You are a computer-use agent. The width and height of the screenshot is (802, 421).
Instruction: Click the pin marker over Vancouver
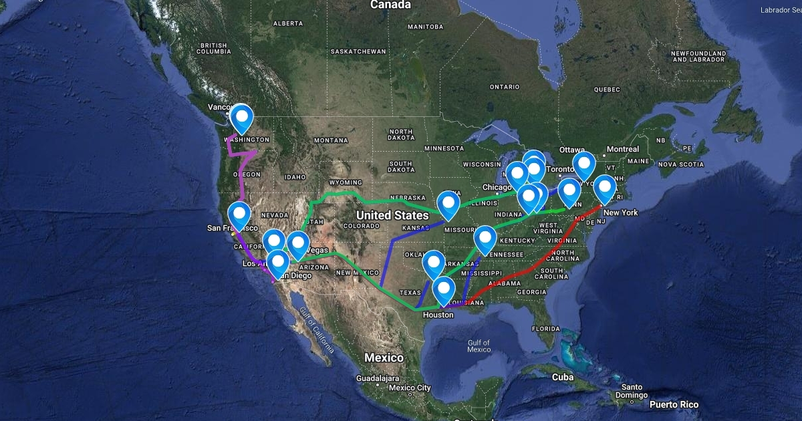[241, 118]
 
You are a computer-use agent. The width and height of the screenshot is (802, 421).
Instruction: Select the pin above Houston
[444, 290]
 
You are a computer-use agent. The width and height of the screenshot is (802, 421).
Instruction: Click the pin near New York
[605, 188]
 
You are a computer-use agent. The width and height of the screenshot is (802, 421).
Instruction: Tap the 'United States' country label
[392, 215]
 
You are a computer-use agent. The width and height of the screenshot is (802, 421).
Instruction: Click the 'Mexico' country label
[384, 358]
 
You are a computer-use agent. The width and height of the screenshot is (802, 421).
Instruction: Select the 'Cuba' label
[563, 377]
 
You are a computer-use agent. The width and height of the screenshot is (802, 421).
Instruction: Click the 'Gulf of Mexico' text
[479, 345]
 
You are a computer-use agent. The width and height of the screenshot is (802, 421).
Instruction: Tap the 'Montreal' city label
[623, 149]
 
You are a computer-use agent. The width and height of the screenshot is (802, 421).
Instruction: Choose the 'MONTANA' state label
[331, 140]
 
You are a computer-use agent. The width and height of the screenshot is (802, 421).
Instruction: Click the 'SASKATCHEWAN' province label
[358, 51]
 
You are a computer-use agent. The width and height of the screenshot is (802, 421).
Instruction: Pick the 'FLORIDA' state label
[545, 329]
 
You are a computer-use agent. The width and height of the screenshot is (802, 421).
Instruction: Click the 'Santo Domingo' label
[632, 391]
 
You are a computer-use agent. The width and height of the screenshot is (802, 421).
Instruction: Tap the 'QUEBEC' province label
[607, 89]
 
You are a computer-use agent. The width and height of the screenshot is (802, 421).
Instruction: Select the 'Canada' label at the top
[390, 5]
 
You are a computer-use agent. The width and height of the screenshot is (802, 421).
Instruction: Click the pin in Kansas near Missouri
[448, 203]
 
